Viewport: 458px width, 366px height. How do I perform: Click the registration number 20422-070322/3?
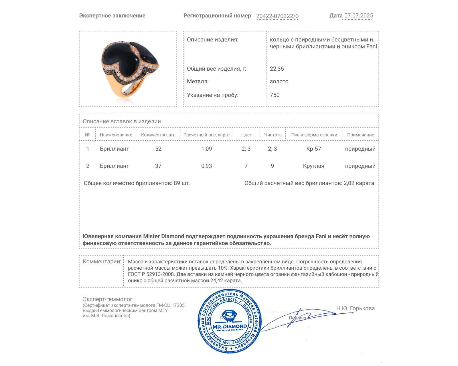pyautogui.click(x=277, y=16)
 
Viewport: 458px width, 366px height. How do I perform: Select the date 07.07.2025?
pyautogui.click(x=358, y=16)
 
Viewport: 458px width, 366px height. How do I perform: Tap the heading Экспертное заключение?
pyautogui.click(x=112, y=16)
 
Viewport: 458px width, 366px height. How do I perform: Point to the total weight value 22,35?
pyautogui.click(x=277, y=69)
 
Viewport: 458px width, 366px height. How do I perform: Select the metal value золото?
pyautogui.click(x=279, y=81)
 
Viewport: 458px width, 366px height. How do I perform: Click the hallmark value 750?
pyautogui.click(x=275, y=95)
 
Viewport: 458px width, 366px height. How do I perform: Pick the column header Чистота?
pyautogui.click(x=273, y=135)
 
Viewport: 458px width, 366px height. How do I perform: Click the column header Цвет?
pyautogui.click(x=246, y=135)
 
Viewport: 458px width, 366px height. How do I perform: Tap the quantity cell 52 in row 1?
pyautogui.click(x=158, y=149)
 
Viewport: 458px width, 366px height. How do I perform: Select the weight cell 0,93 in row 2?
pyautogui.click(x=206, y=166)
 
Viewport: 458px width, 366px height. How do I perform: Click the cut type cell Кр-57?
pyautogui.click(x=313, y=149)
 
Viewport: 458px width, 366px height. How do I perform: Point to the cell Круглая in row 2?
pyautogui.click(x=313, y=166)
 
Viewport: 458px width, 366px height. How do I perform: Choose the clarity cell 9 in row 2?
pyautogui.click(x=272, y=166)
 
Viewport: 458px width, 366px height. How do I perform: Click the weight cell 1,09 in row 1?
pyautogui.click(x=206, y=149)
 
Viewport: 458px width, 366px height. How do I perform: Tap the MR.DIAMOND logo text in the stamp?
pyautogui.click(x=230, y=326)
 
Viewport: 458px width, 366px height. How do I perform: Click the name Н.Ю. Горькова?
pyautogui.click(x=355, y=308)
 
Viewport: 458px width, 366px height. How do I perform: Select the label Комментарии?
pyautogui.click(x=102, y=261)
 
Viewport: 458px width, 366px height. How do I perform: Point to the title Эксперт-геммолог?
pyautogui.click(x=107, y=299)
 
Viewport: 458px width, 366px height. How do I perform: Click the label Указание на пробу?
pyautogui.click(x=212, y=95)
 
